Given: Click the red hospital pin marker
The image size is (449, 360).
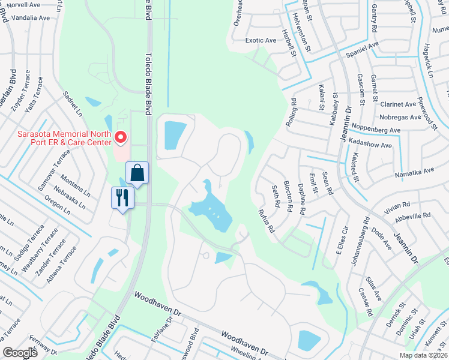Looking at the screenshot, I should coord(121,138).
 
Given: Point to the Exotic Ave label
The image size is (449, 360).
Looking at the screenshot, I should coord(261,40).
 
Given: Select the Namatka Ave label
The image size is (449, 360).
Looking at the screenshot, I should coord(414,172).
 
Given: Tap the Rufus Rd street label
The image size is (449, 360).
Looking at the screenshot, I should coord(266,220).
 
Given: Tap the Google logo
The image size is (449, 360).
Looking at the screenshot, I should coord(20,353).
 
